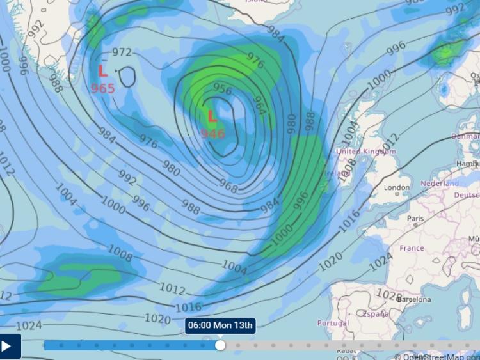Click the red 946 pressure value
212,134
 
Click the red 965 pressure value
102,88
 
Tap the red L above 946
212,116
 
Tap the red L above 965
102,71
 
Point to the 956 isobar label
222,89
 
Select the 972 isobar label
122,52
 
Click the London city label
397,187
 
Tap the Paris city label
416,219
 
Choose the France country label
412,248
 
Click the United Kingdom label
366,151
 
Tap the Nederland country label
440,184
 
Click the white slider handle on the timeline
220,345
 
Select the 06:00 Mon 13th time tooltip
221,325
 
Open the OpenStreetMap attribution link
441,356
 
